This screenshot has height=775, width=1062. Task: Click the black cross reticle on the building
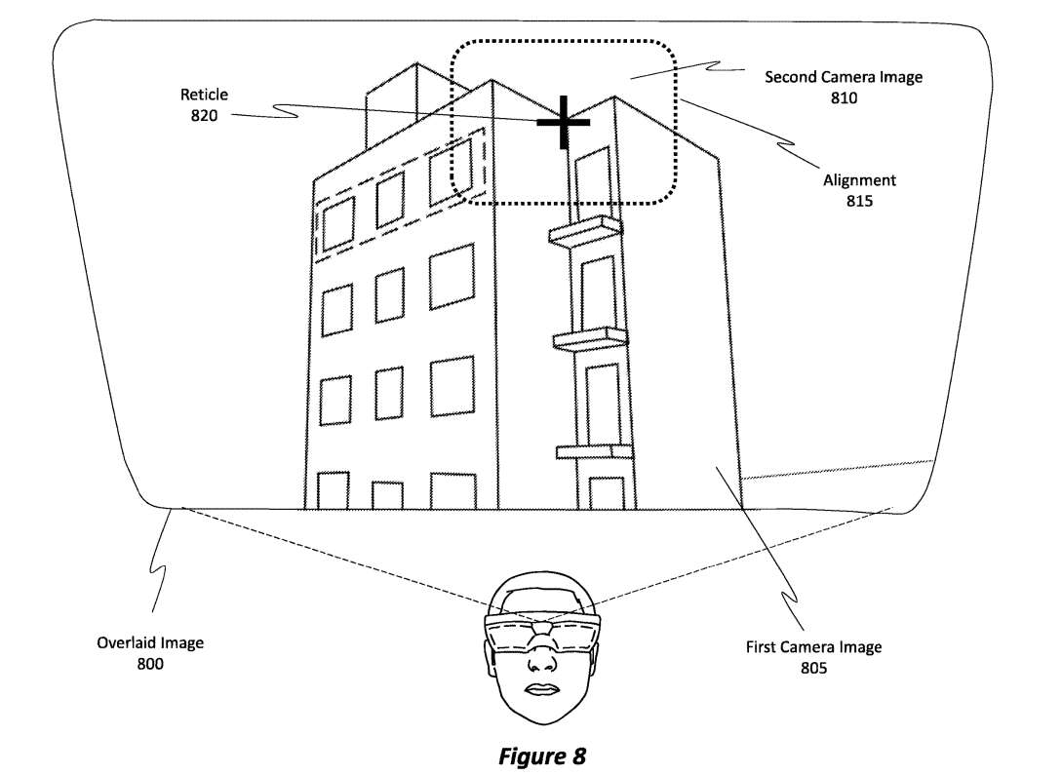click(x=564, y=122)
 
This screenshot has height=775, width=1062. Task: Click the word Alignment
click(x=859, y=180)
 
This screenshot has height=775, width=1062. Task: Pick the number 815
click(x=859, y=201)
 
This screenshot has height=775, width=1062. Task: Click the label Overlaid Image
click(x=150, y=643)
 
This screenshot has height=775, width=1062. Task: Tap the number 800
click(x=150, y=664)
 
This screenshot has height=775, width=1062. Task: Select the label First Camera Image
click(x=813, y=647)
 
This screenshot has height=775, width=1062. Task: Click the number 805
click(x=813, y=668)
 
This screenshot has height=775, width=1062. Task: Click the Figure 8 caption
click(x=542, y=756)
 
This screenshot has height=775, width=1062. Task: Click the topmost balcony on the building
click(x=584, y=231)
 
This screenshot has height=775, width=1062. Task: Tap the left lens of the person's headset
click(x=508, y=636)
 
